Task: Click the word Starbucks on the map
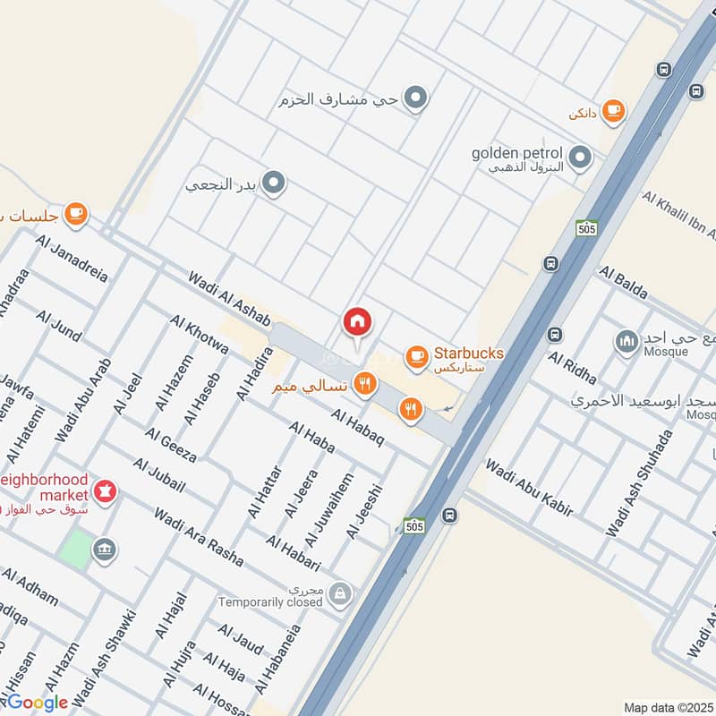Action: (468, 353)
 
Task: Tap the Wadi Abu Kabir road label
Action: (528, 488)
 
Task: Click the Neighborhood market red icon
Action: (106, 492)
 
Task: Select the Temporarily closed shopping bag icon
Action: (339, 592)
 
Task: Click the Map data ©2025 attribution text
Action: (669, 707)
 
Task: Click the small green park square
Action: (78, 549)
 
